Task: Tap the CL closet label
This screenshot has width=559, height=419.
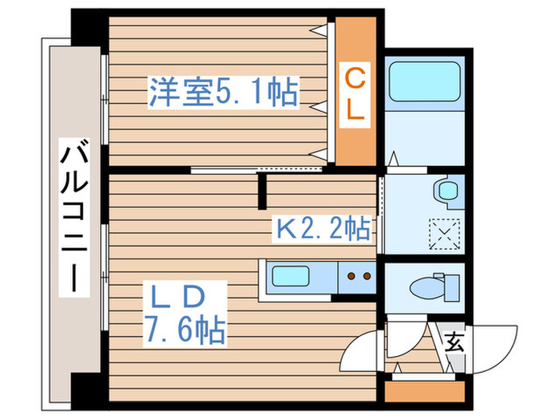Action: [355, 95]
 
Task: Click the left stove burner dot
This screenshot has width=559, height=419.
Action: [350, 277]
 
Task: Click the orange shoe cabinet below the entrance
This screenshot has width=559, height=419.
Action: [423, 391]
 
